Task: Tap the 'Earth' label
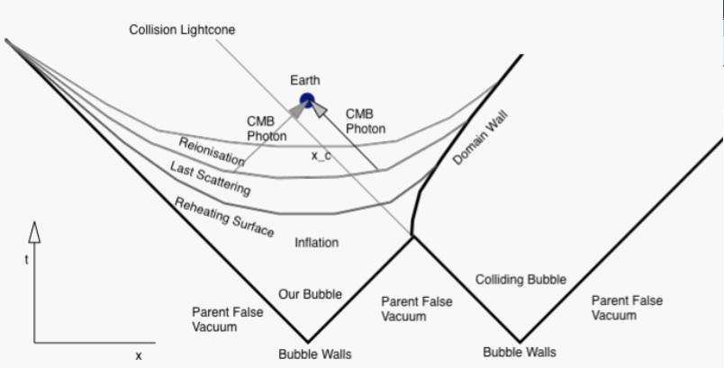pos(305,81)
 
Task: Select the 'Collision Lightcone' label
pos(182,30)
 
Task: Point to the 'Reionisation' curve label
pos(212,151)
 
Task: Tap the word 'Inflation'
pos(317,243)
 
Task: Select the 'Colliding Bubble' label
pos(520,280)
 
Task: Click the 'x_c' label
pos(321,156)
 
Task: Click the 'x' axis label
pos(139,355)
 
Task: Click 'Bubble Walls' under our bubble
pos(314,354)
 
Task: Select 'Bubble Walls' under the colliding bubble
pos(519,352)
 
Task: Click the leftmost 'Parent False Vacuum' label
pos(227,319)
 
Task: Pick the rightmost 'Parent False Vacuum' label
pos(627,308)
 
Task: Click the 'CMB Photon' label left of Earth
pos(267,128)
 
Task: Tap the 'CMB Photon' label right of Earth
pos(366,121)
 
